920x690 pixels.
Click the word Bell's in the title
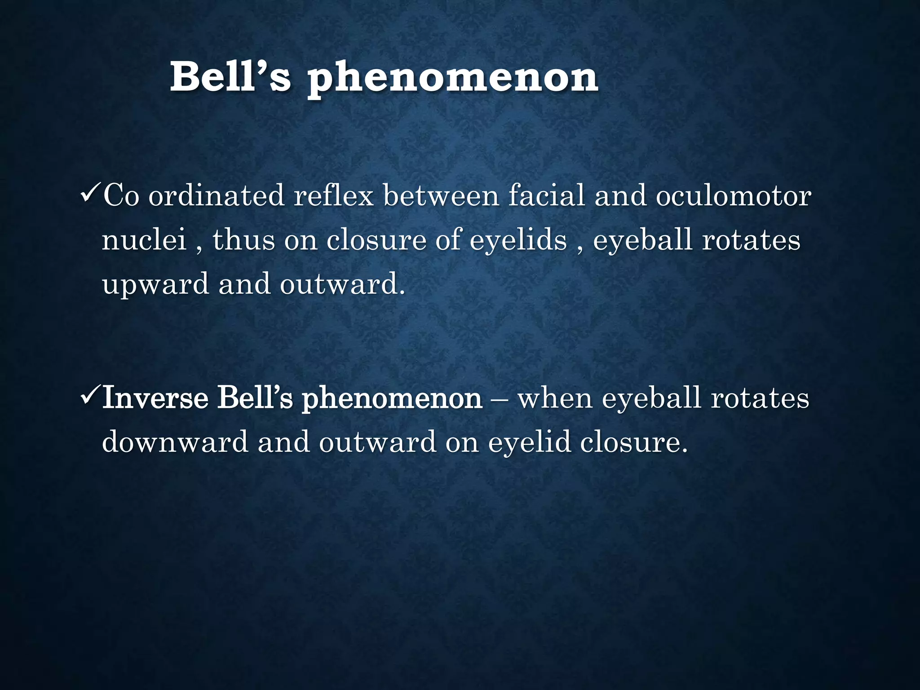230,77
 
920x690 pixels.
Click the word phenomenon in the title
452,80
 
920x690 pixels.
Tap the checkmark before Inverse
90,398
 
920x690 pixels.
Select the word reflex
333,196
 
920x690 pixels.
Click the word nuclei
144,240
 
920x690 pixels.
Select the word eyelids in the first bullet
518,241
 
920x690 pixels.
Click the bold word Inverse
155,398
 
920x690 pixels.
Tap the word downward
175,442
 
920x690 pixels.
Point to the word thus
243,240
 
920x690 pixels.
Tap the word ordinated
216,196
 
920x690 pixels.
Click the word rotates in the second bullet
760,398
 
